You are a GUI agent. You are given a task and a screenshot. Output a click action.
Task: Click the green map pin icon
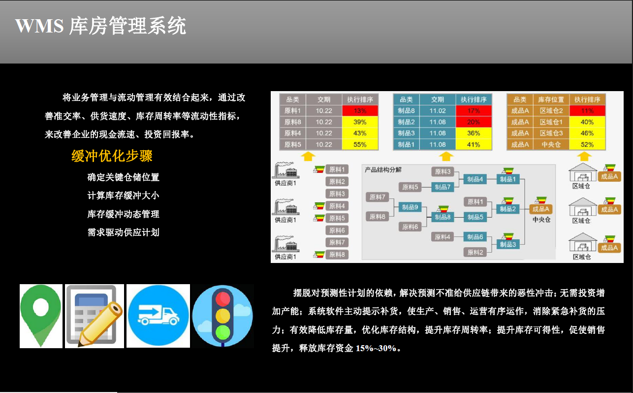(x=41, y=316)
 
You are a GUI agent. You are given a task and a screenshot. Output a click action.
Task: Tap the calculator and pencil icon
(x=95, y=316)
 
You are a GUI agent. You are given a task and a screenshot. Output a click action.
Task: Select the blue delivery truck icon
(x=158, y=316)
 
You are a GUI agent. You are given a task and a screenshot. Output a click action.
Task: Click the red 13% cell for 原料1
(x=360, y=110)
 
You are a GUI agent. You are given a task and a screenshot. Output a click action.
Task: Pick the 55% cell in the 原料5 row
(x=360, y=144)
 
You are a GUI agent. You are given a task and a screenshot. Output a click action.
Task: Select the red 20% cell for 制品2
(x=474, y=122)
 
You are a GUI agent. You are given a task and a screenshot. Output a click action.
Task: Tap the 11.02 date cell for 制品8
(x=438, y=110)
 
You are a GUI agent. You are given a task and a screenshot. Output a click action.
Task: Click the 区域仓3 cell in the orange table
(x=551, y=133)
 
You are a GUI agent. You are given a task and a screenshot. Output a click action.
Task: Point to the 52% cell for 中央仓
(x=587, y=144)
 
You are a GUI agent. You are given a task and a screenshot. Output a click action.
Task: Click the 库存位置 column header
(x=551, y=99)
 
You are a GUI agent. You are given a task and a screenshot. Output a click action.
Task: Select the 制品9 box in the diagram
(x=410, y=207)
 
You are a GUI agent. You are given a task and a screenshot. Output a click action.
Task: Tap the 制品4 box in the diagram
(x=475, y=179)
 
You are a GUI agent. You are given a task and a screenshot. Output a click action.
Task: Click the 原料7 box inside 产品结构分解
(x=377, y=197)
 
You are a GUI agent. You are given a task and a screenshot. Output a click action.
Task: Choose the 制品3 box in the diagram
(x=508, y=244)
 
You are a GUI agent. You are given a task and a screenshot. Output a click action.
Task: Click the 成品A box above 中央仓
(x=540, y=209)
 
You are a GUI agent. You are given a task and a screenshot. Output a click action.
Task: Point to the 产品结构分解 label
(x=383, y=169)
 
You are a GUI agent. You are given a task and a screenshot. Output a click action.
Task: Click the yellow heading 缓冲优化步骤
(x=112, y=156)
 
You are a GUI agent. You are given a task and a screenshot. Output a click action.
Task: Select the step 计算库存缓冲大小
(x=123, y=196)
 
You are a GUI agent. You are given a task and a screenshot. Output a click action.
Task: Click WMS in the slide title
(x=39, y=26)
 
